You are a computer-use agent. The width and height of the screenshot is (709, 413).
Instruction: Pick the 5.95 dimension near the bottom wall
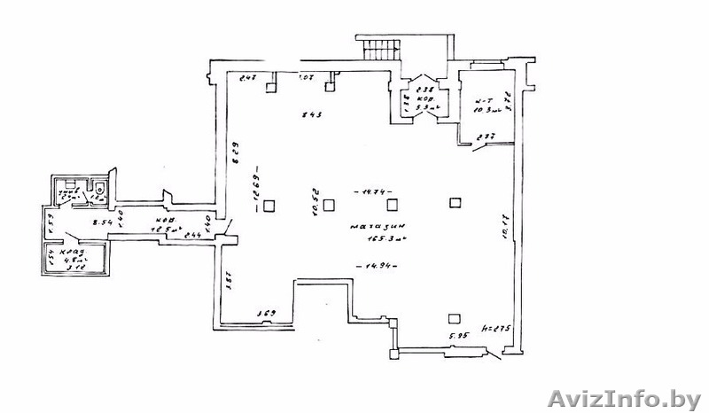point(458,336)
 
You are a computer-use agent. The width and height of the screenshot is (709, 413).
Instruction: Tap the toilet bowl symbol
point(100,190)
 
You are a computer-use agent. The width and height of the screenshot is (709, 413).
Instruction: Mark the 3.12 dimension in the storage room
point(78,269)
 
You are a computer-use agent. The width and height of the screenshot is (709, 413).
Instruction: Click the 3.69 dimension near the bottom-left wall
point(265,314)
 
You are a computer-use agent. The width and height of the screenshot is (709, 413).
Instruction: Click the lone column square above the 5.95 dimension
point(455,317)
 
